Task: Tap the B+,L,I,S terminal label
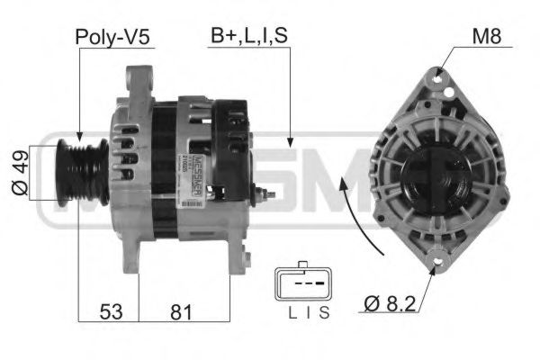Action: (x=248, y=37)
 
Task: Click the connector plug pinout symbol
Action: (x=302, y=286)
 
